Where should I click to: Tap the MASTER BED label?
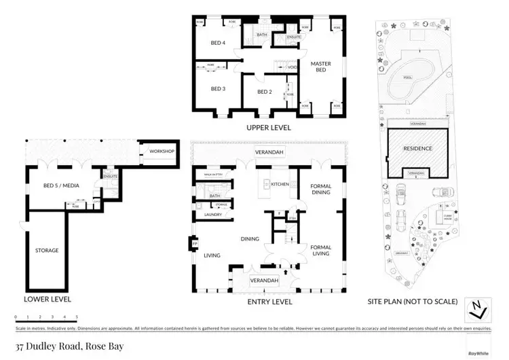pos(320,67)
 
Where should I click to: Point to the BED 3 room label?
pos(217,88)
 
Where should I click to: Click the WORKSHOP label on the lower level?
pos(163,151)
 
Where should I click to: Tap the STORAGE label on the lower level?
pos(47,250)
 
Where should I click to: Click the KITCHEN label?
pos(280,184)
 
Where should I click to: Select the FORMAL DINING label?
pos(320,189)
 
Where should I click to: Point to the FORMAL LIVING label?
pos(320,250)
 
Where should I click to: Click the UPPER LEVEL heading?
pos(269,127)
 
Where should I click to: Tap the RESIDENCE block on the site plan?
pos(417,147)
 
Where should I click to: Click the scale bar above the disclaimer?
pos(46,317)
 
